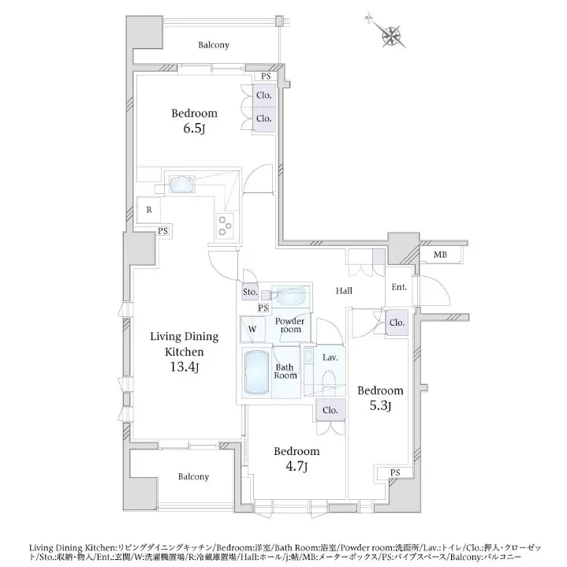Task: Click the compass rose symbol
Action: pos(391,34)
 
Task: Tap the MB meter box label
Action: pos(440,255)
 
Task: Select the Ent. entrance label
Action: pos(399,287)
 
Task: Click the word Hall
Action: pos(344,291)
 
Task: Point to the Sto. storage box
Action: pos(250,292)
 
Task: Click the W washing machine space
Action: pos(252,329)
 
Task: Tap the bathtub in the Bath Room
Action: pos(257,372)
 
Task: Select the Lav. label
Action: pos(330,358)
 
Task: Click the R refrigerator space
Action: pos(149,210)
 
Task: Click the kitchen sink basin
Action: pos(182,185)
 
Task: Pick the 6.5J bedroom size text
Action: pos(194,129)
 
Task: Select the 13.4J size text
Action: pos(185,367)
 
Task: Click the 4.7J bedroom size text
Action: pos(297,467)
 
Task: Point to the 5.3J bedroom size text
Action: pos(380,406)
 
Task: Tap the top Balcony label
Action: pos(214,45)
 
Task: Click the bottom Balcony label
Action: pos(193,476)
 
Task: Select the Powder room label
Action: pos(289,325)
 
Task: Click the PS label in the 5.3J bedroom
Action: pos(395,472)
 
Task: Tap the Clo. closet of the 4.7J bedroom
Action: pos(330,410)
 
